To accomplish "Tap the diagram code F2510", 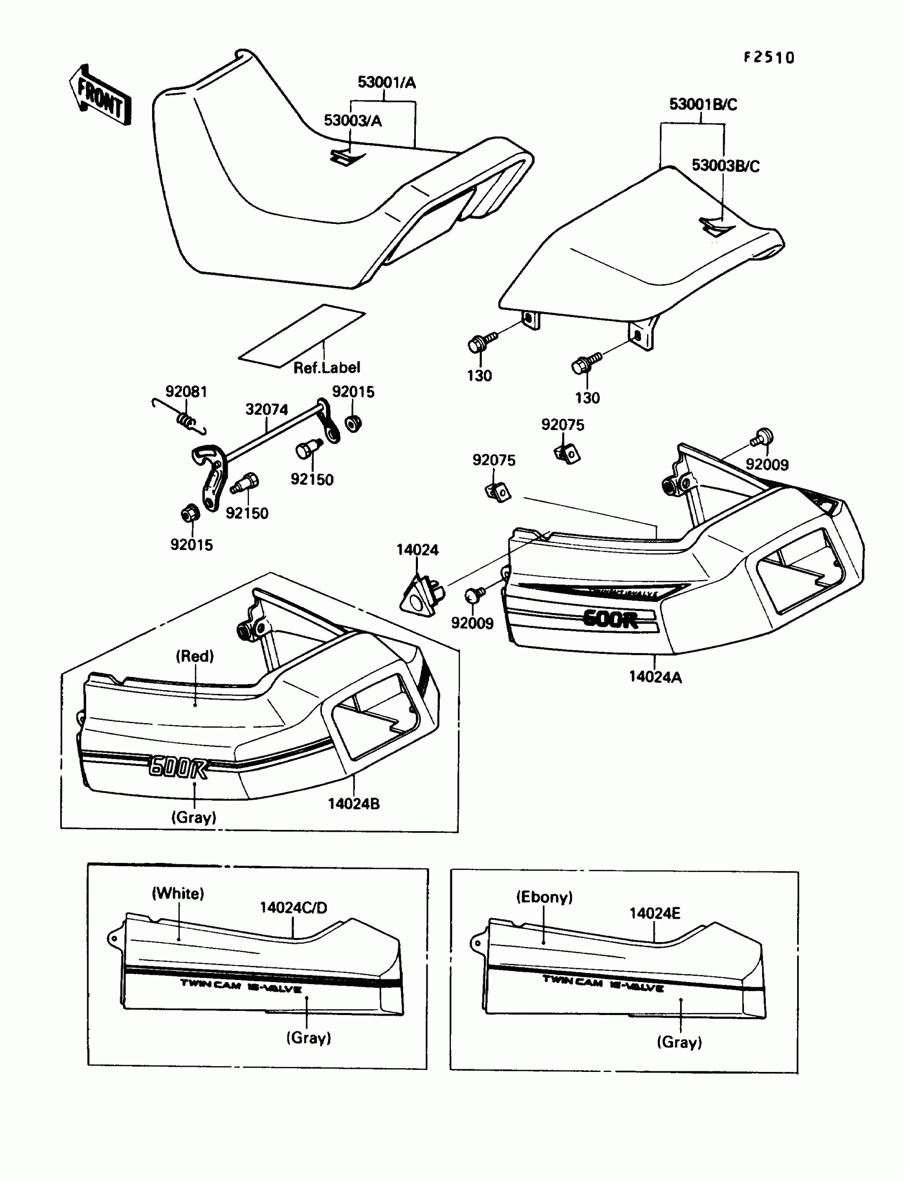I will (x=769, y=57).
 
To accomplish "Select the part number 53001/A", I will (x=387, y=82).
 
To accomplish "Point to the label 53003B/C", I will (x=725, y=166).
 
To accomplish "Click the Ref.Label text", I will (x=327, y=367).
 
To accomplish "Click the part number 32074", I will (x=266, y=409).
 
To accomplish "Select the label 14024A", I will (x=655, y=677).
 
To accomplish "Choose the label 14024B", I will (x=354, y=804).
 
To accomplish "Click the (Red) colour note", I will (x=195, y=656).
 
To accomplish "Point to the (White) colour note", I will (x=178, y=894).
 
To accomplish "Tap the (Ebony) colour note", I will (x=544, y=897).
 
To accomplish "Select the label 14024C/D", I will (x=293, y=908).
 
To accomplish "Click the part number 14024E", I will (x=654, y=913).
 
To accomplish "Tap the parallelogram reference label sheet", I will (x=302, y=336).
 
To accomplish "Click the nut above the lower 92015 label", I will (x=190, y=514).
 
